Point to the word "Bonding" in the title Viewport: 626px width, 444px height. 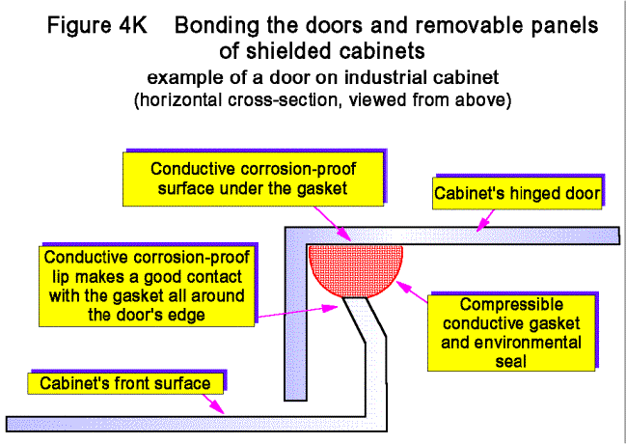(x=221, y=27)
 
